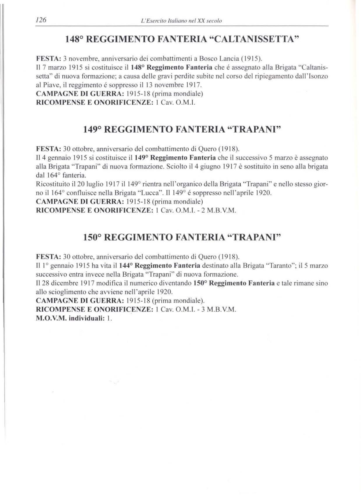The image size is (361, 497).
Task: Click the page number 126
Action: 41,20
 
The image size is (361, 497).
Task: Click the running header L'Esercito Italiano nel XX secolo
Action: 181,21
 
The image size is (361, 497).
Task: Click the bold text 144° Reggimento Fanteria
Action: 160,266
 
